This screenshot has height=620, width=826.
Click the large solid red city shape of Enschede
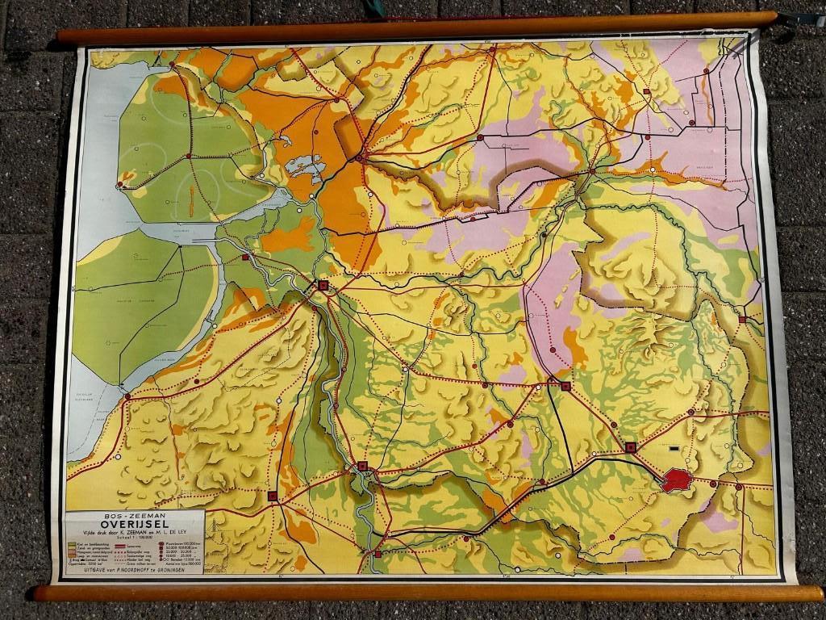tap(677, 480)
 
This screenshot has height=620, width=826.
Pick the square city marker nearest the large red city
tap(631, 446)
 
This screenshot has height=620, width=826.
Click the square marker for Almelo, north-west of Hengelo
tap(565, 387)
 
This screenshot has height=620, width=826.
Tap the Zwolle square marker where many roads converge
tap(323, 285)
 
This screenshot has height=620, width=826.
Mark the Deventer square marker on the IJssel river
tap(363, 466)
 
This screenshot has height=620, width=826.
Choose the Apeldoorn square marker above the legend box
tap(273, 496)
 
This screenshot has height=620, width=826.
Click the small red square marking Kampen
tap(245, 257)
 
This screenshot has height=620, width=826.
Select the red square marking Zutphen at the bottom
tap(378, 554)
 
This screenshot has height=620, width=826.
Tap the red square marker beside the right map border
tap(741, 320)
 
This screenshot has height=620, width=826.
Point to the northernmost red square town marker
tap(646, 92)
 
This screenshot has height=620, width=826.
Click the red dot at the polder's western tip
tap(119, 184)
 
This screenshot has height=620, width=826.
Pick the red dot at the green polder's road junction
tap(189, 155)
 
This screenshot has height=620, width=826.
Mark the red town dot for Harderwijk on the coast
tap(126, 396)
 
